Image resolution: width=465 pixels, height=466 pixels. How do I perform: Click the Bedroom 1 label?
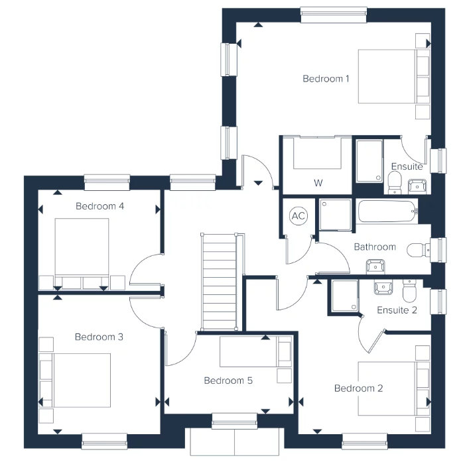pos(326,79)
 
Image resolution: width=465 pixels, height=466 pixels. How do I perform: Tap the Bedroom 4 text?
pos(100,206)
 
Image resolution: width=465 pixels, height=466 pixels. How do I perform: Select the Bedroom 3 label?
pos(99,337)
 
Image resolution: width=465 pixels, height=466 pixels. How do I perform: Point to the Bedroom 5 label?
pos(228,380)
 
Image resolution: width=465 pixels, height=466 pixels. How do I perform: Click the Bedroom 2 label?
pos(359,388)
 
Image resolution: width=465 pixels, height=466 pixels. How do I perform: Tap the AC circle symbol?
pos(299,215)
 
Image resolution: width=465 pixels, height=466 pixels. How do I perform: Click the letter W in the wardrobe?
pos(318,183)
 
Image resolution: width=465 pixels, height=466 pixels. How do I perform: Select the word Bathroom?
pos(375,247)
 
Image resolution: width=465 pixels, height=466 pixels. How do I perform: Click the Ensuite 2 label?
pos(397,310)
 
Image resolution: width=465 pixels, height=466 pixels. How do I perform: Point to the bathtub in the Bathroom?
pos(387,211)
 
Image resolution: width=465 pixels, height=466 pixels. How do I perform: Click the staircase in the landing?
pos(220,282)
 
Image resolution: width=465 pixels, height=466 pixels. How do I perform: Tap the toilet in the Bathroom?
pos(418,250)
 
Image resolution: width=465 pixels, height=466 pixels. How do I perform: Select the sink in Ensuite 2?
pos(383,287)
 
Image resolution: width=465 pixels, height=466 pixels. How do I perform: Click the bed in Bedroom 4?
pos(82,253)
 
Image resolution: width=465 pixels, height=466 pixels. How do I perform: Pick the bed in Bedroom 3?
pos(75,380)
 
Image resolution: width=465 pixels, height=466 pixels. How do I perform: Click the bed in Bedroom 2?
pos(393,388)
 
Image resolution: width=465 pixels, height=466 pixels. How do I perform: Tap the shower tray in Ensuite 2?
pos(345,296)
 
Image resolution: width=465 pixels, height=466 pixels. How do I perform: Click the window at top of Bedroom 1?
pos(334,15)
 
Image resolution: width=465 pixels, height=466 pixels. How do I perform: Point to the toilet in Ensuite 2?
pos(409,290)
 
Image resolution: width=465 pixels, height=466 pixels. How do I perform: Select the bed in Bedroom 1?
pos(393,76)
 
